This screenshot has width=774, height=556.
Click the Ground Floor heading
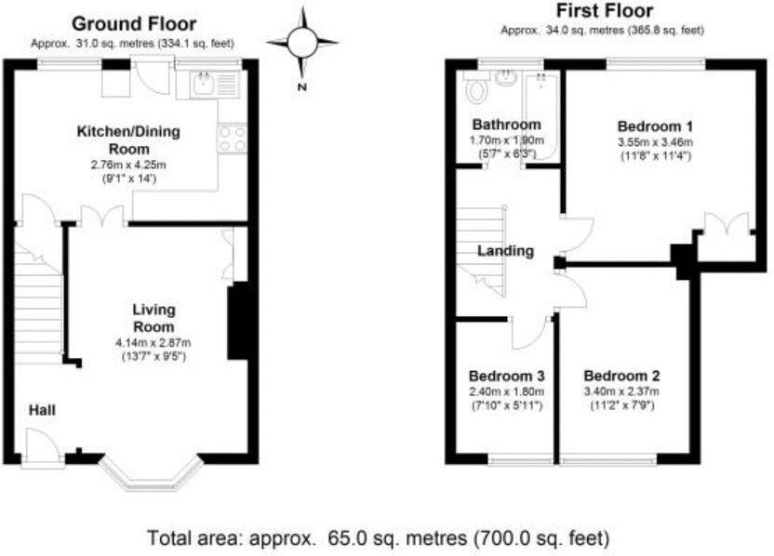132,23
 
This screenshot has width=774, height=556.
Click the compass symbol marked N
301,43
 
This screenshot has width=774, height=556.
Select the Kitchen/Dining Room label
127,139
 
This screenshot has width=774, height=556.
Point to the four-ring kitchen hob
232,139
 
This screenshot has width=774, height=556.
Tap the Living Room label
153,318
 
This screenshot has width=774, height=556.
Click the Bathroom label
505,126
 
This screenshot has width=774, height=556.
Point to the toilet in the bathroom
478,90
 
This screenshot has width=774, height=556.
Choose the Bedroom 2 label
621,377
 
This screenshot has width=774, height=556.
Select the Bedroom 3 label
505,377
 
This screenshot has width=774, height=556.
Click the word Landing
505,251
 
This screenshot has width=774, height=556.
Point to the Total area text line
379,536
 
